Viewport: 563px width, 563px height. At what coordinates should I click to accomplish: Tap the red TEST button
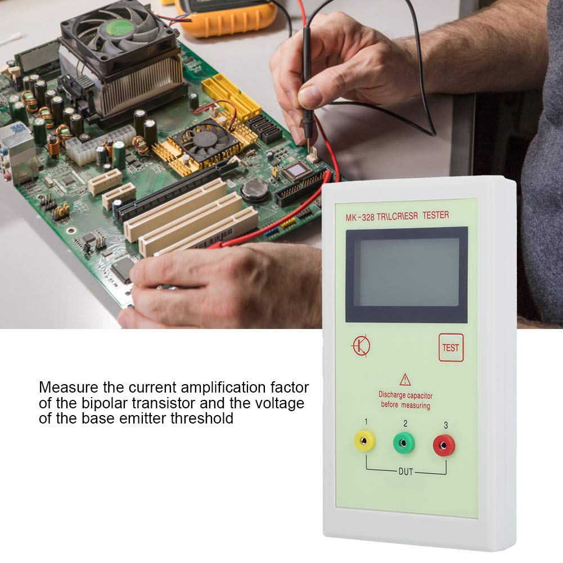click(451, 348)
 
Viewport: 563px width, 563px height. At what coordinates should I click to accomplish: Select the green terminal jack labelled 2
click(404, 443)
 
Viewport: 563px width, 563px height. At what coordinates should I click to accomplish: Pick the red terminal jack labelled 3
click(444, 445)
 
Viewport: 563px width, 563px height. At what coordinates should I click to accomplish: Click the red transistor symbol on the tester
click(361, 345)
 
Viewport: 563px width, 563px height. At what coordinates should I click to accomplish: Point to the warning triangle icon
click(405, 380)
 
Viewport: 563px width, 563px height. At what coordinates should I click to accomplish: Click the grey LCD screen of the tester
click(406, 273)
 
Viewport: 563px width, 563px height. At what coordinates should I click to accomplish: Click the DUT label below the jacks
click(406, 472)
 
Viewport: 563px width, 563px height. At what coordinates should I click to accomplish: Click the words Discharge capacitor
click(406, 395)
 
